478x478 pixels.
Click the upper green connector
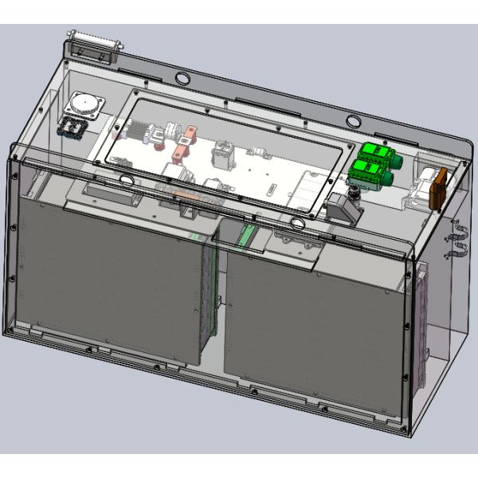[372, 154]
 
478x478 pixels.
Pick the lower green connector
[366, 172]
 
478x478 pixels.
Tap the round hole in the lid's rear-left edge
[182, 78]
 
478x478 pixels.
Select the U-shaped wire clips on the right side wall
[460, 243]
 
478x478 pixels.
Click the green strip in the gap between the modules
[246, 233]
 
